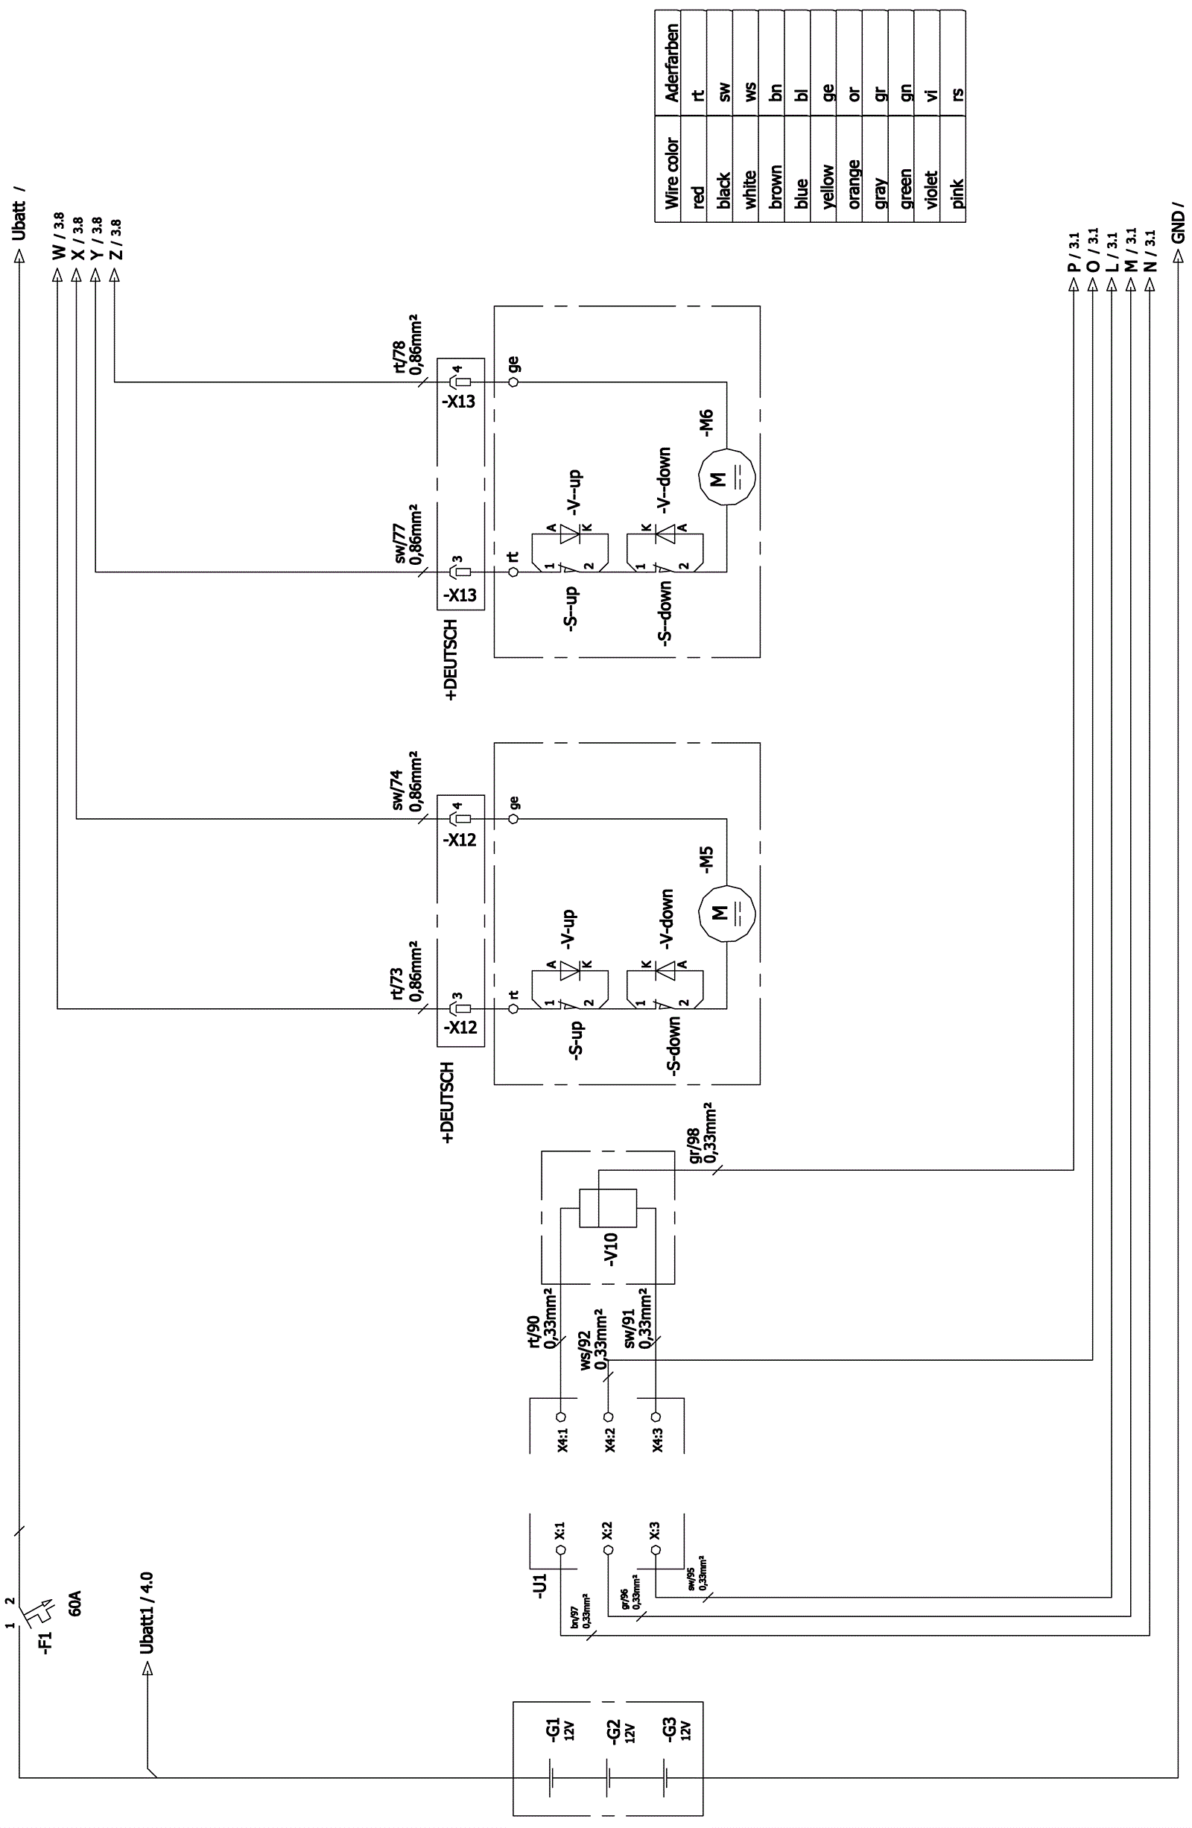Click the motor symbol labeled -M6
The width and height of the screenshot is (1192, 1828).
point(726,477)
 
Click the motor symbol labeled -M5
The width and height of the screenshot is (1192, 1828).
point(726,912)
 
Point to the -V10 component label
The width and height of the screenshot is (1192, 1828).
point(611,1250)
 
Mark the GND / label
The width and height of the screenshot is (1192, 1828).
point(1178,224)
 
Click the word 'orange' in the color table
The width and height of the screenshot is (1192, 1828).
point(853,184)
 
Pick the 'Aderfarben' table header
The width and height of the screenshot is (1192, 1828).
point(671,63)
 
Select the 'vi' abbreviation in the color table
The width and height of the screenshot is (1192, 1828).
point(932,95)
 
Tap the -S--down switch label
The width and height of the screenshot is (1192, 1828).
point(665,611)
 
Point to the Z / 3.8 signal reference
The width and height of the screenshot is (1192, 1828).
point(115,239)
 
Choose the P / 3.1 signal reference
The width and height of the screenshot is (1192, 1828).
point(1074,252)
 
